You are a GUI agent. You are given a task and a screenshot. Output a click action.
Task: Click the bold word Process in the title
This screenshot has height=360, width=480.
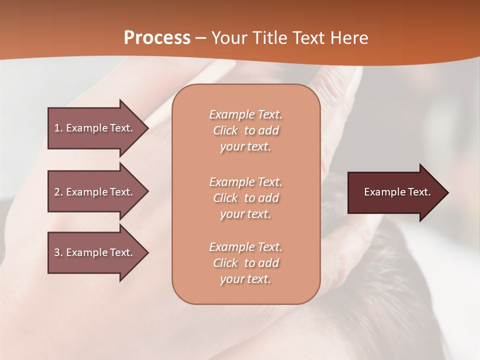[x=157, y=37]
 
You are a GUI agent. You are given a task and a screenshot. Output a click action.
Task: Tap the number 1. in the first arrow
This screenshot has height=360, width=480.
[x=58, y=128]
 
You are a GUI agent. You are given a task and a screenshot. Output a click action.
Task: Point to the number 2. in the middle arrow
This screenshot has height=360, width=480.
[x=58, y=192]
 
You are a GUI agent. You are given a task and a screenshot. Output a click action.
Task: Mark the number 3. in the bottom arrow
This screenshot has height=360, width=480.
[x=58, y=252]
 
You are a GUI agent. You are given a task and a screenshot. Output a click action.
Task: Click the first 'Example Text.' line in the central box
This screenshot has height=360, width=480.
[x=245, y=114]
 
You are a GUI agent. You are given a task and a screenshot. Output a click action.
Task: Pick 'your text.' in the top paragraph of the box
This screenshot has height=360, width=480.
[x=245, y=147]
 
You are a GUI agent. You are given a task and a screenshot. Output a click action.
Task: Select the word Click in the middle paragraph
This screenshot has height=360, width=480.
[x=225, y=198]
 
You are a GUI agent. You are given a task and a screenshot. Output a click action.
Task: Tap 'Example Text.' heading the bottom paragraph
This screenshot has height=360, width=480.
[x=245, y=247]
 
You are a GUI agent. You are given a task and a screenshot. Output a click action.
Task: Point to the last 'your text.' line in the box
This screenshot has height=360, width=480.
[x=245, y=279]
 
